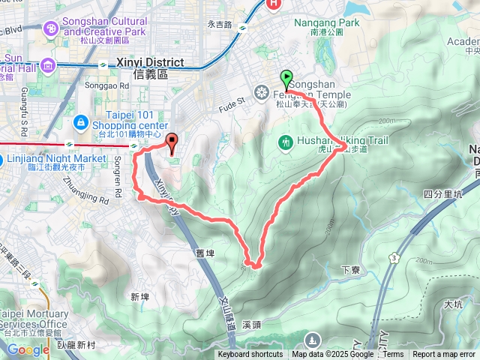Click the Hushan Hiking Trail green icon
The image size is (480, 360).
(x=285, y=142)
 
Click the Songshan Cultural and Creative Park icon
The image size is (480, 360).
(x=51, y=28)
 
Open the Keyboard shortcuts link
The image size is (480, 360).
(x=250, y=355)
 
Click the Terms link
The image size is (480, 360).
(x=393, y=355)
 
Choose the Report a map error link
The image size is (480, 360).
(x=445, y=355)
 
